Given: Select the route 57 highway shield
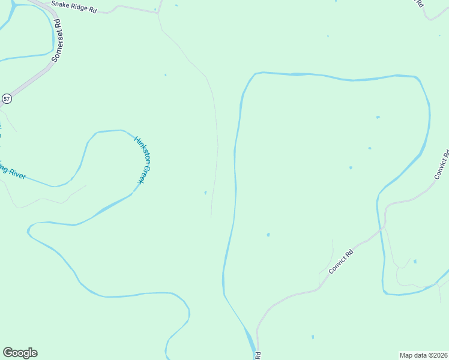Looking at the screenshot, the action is coord(7,98).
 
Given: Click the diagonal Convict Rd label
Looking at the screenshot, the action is coord(341,262).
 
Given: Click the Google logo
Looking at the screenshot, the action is coord(20,353).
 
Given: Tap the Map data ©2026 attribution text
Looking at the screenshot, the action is coord(423,355).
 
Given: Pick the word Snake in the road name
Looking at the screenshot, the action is coord(60,4).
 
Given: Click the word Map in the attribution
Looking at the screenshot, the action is coord(406,355).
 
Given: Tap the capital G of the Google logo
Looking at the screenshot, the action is coord(8,353).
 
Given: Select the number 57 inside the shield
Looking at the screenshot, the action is coord(7,98).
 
